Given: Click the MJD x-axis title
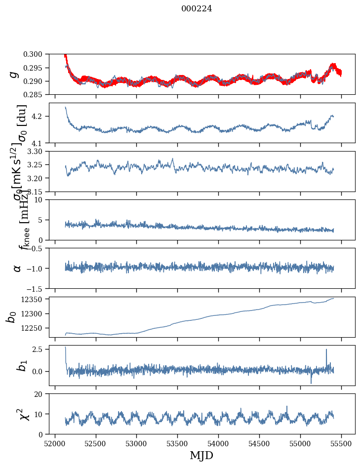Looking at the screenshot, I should pos(201,456).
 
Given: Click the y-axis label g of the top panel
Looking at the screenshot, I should pos(15,75).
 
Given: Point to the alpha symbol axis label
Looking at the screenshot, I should pos(17,268).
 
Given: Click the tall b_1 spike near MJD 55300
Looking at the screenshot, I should pos(326,350).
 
